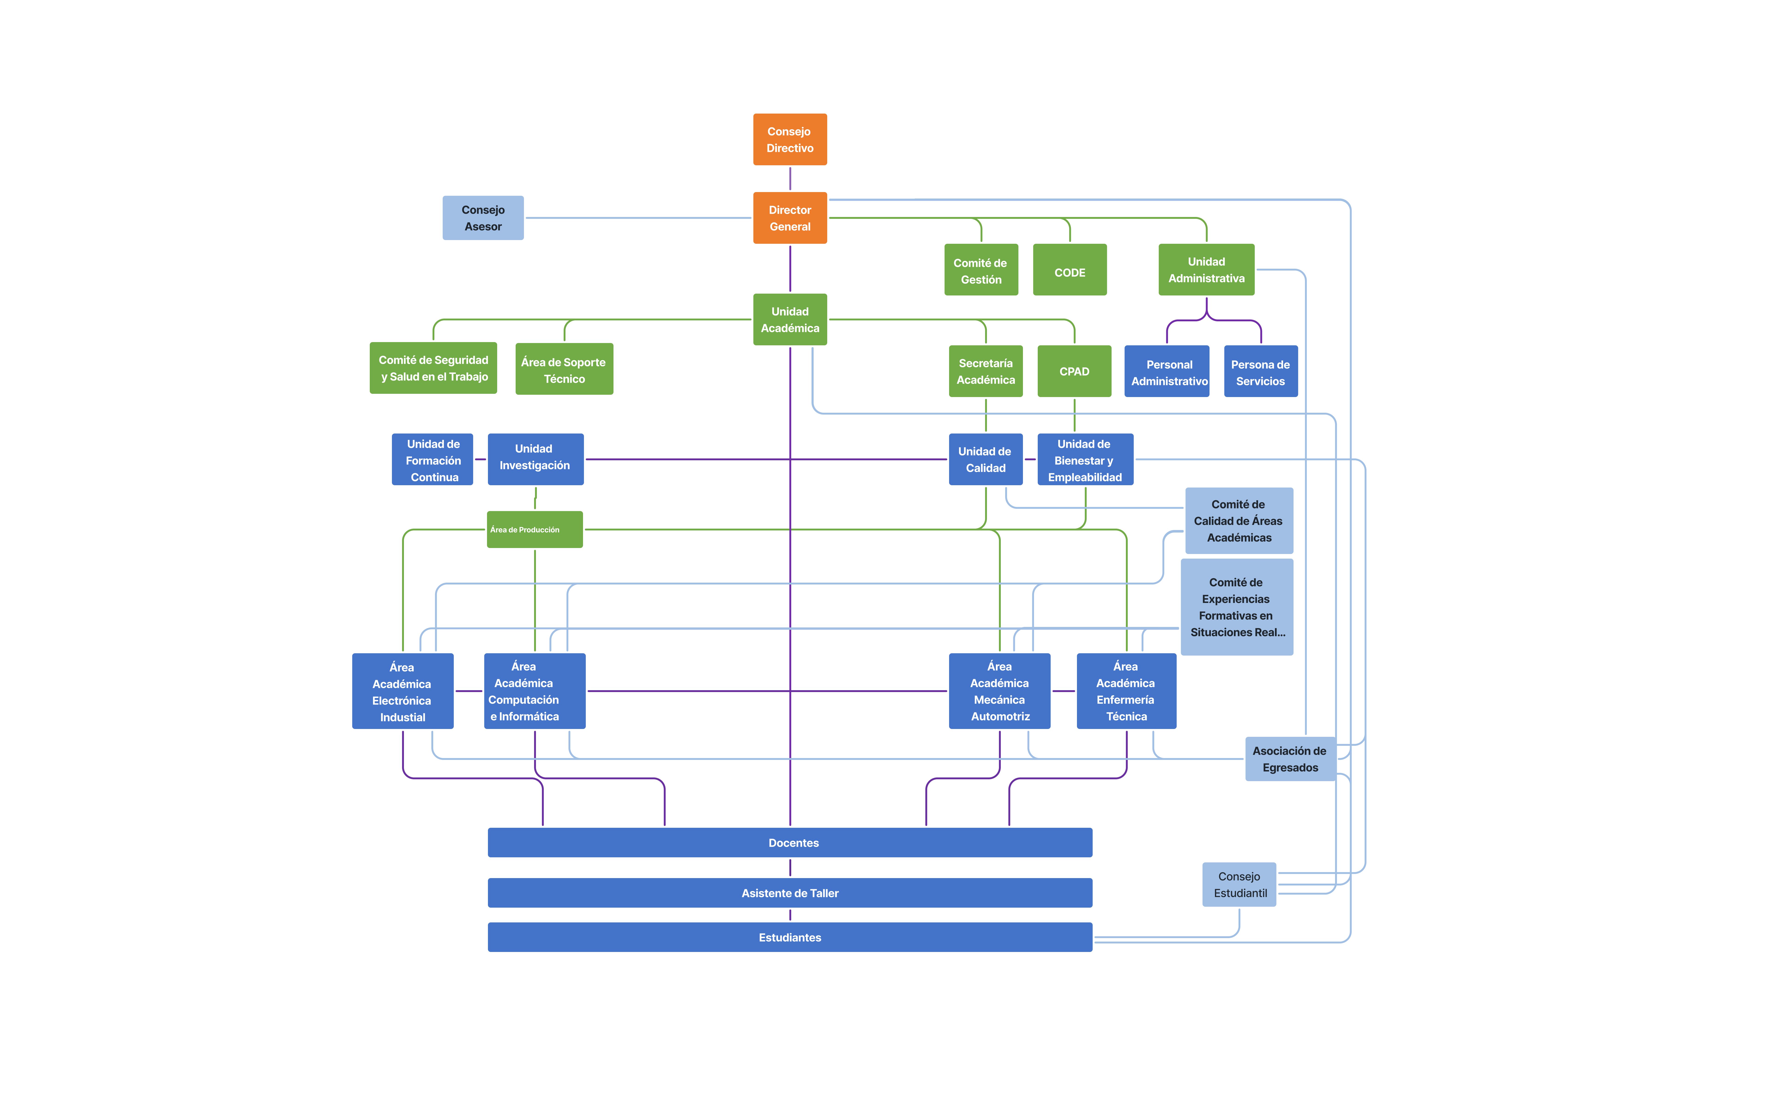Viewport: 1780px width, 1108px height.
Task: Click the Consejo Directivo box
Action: click(790, 139)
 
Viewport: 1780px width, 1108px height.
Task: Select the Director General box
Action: click(790, 218)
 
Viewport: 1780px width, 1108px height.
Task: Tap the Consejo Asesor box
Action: click(483, 218)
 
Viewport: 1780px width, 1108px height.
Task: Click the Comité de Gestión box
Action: click(981, 270)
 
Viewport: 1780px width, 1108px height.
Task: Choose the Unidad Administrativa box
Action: click(1206, 270)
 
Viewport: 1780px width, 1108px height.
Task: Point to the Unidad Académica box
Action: click(790, 319)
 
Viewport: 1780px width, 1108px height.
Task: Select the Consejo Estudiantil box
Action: click(1239, 885)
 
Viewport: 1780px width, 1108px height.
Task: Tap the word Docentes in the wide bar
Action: click(793, 843)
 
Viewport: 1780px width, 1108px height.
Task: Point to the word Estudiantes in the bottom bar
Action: click(790, 937)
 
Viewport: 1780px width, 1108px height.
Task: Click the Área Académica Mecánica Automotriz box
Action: click(999, 691)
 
